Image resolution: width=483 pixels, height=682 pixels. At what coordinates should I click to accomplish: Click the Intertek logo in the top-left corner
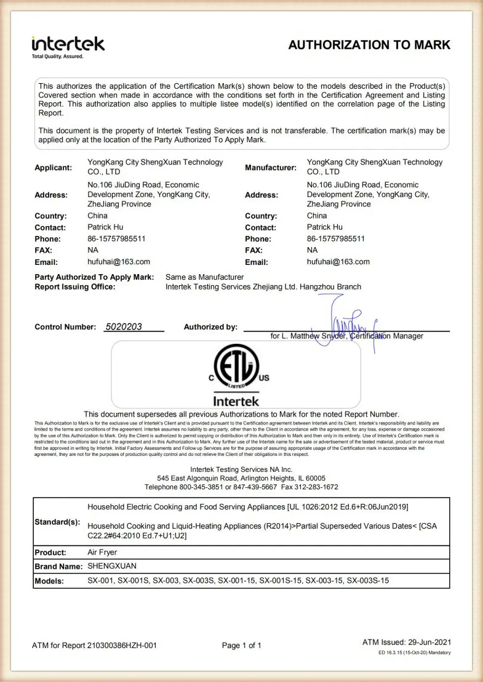68,46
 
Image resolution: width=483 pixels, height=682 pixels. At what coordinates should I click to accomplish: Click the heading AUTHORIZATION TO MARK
369,45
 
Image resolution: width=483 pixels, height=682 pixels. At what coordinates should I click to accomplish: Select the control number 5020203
124,327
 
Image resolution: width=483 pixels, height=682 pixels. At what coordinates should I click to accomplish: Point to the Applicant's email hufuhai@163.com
119,262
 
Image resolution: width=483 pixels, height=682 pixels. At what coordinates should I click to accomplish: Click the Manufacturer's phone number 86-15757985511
336,238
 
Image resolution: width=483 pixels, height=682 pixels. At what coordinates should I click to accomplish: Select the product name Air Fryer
102,553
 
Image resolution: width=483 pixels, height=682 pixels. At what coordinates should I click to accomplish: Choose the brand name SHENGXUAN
112,566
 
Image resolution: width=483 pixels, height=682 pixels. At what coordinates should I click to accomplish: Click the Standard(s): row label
57,522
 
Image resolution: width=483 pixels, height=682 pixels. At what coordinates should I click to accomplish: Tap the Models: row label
49,581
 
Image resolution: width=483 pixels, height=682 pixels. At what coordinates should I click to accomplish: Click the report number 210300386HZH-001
121,646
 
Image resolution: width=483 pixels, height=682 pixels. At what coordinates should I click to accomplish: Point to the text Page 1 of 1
242,646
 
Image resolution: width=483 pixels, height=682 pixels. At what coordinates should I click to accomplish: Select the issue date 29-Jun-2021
429,643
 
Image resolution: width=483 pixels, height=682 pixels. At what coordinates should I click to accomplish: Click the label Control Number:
65,327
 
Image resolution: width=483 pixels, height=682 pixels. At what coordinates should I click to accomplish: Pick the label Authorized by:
210,327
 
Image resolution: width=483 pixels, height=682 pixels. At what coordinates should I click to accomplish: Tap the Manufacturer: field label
271,168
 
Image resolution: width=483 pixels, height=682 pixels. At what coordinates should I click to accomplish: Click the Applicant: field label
54,168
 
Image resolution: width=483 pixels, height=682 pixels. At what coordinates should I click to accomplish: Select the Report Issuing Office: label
75,286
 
